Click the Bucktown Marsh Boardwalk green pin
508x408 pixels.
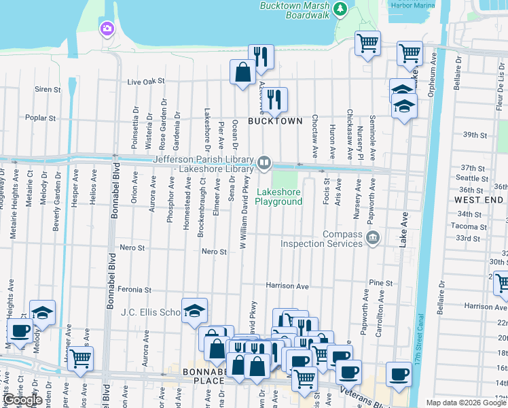pos(341,10)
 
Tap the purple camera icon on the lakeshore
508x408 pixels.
pos(107,28)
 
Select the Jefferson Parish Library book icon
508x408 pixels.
pos(264,163)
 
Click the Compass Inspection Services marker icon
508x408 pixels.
pos(373,237)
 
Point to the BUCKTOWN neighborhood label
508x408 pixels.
pos(274,121)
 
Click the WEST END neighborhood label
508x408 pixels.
pos(479,200)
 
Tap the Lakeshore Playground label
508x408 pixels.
pos(278,197)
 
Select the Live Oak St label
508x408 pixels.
pos(146,82)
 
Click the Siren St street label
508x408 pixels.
pos(48,89)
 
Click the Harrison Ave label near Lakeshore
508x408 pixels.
pos(287,286)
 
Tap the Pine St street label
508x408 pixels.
pos(381,283)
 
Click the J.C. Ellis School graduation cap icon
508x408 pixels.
pos(194,310)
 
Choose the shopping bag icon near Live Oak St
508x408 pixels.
pos(242,71)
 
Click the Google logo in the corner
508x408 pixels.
pos(23,400)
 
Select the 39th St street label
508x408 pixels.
pos(471,135)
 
